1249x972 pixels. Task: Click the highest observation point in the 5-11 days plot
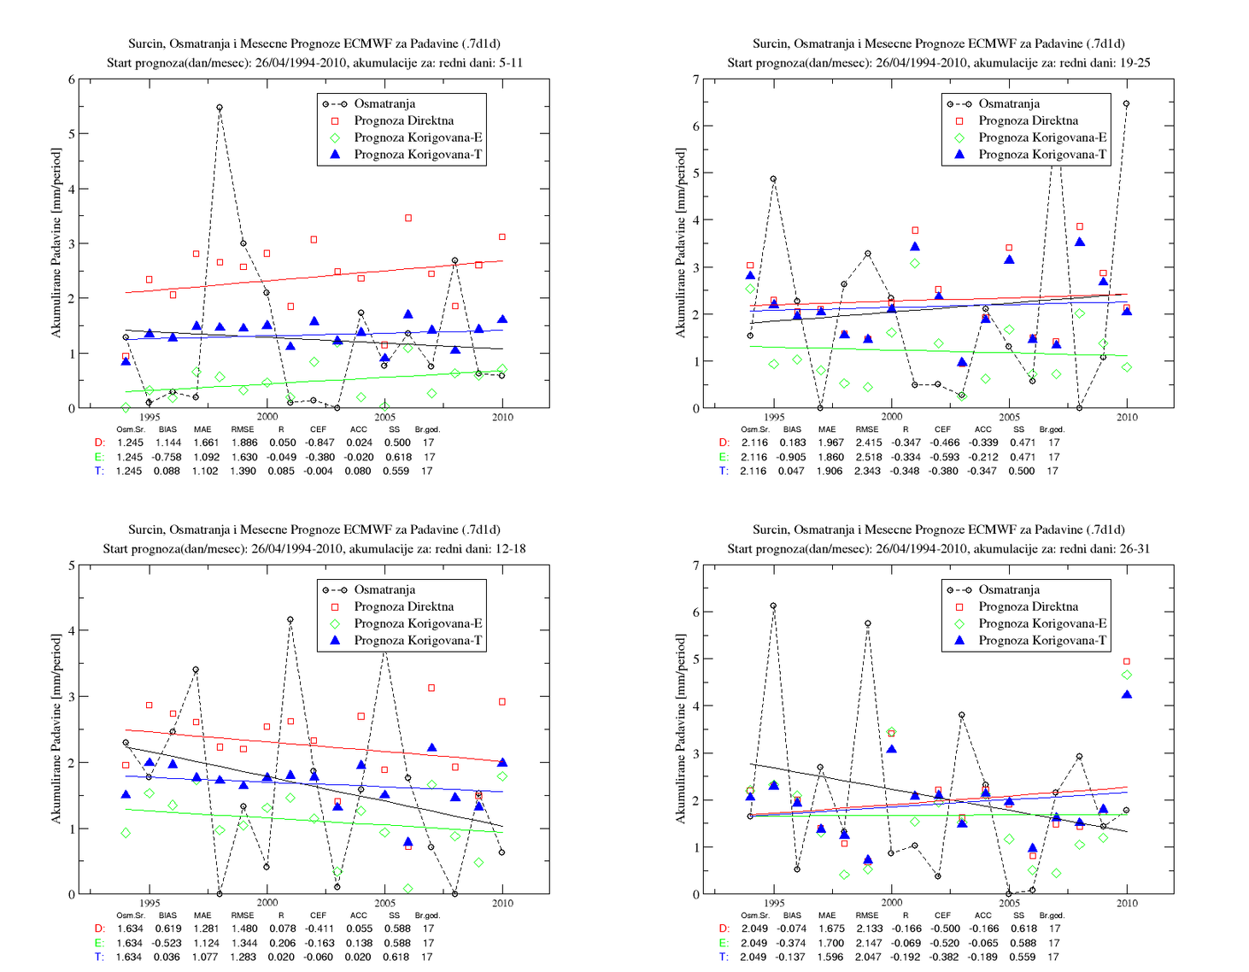[220, 108]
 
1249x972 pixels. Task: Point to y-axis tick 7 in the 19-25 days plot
[696, 79]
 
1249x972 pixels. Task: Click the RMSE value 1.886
[243, 442]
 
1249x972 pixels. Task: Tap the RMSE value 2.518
[867, 457]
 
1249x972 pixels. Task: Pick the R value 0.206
[282, 943]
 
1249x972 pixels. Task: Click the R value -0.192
[906, 957]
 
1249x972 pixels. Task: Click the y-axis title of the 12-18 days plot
[56, 729]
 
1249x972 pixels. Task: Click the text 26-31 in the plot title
[1133, 548]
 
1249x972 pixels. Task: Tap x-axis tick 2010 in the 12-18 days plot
[502, 903]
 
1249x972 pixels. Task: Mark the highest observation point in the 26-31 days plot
[773, 606]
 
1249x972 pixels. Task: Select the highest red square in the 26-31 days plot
[1127, 661]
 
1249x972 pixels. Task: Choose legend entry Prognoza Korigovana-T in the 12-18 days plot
[418, 641]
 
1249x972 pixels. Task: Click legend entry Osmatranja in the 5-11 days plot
[384, 103]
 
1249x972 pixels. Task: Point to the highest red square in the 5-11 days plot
[408, 218]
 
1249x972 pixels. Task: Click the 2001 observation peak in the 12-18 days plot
[290, 619]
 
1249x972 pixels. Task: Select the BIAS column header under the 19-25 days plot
[792, 430]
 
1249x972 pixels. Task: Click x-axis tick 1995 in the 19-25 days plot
[774, 417]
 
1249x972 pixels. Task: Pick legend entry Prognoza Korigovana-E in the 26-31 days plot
[1042, 624]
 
